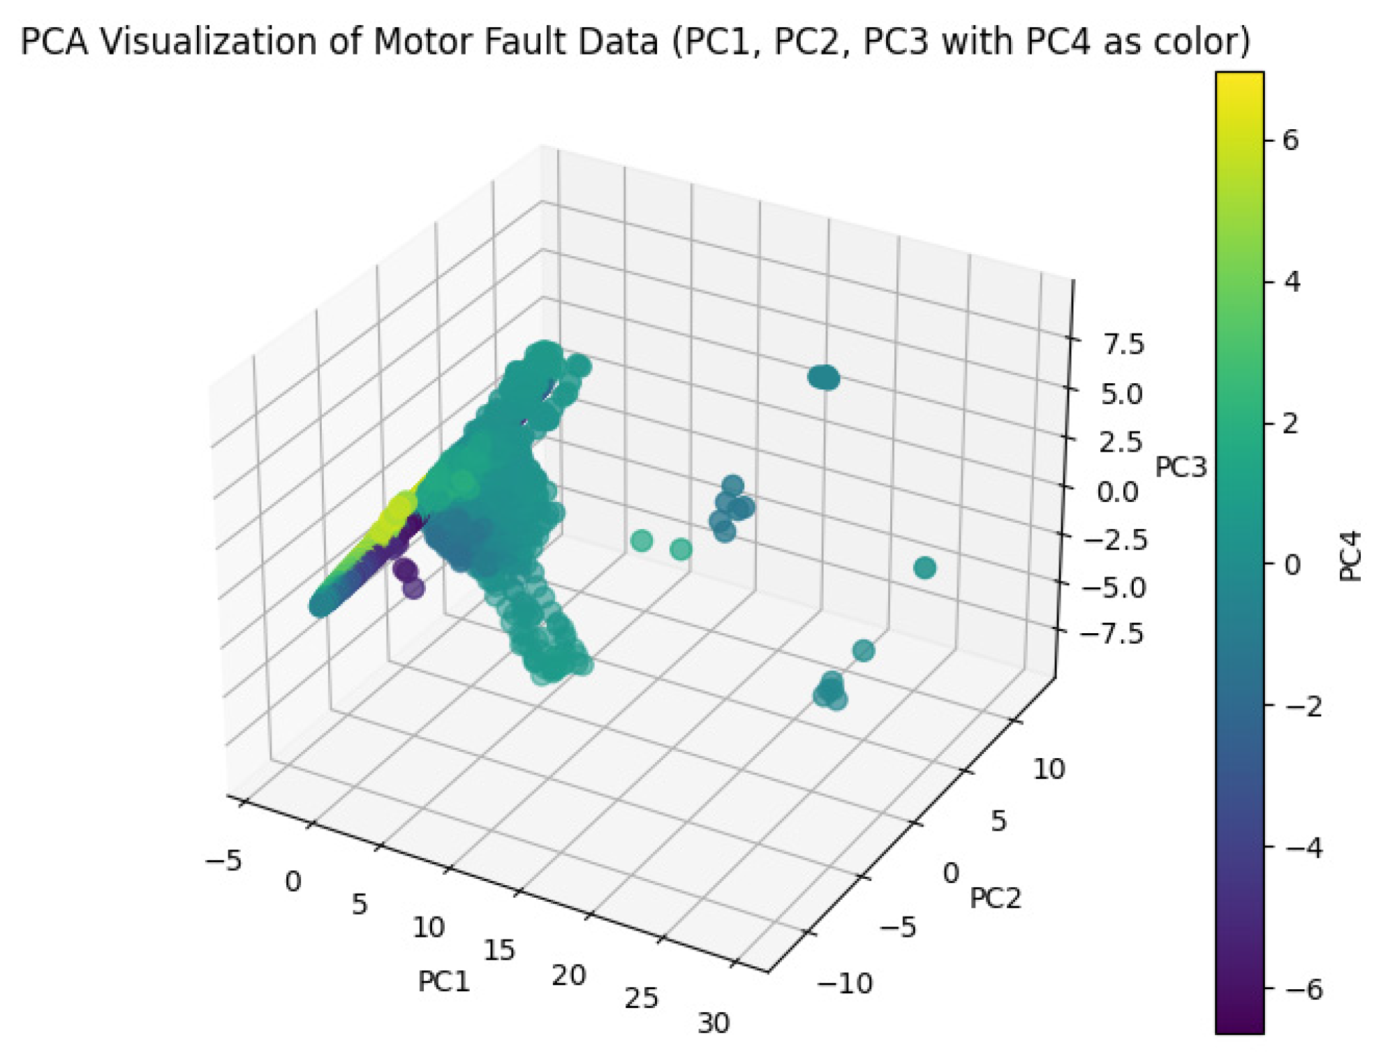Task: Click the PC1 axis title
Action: click(x=444, y=981)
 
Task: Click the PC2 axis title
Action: click(x=995, y=898)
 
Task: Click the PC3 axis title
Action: click(x=1181, y=467)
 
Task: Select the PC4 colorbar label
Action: click(x=1351, y=556)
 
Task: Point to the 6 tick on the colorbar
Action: click(x=1291, y=140)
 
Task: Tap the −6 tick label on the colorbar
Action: click(x=1303, y=989)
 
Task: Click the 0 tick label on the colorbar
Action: click(x=1292, y=565)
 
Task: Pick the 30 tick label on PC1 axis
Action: click(x=714, y=1023)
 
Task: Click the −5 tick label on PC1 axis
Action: click(x=223, y=861)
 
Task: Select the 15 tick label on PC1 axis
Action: click(x=499, y=950)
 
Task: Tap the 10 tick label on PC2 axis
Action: click(x=1049, y=769)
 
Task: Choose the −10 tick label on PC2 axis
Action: click(x=845, y=984)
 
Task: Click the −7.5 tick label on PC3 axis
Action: click(x=1112, y=634)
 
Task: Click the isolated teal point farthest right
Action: click(x=924, y=568)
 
